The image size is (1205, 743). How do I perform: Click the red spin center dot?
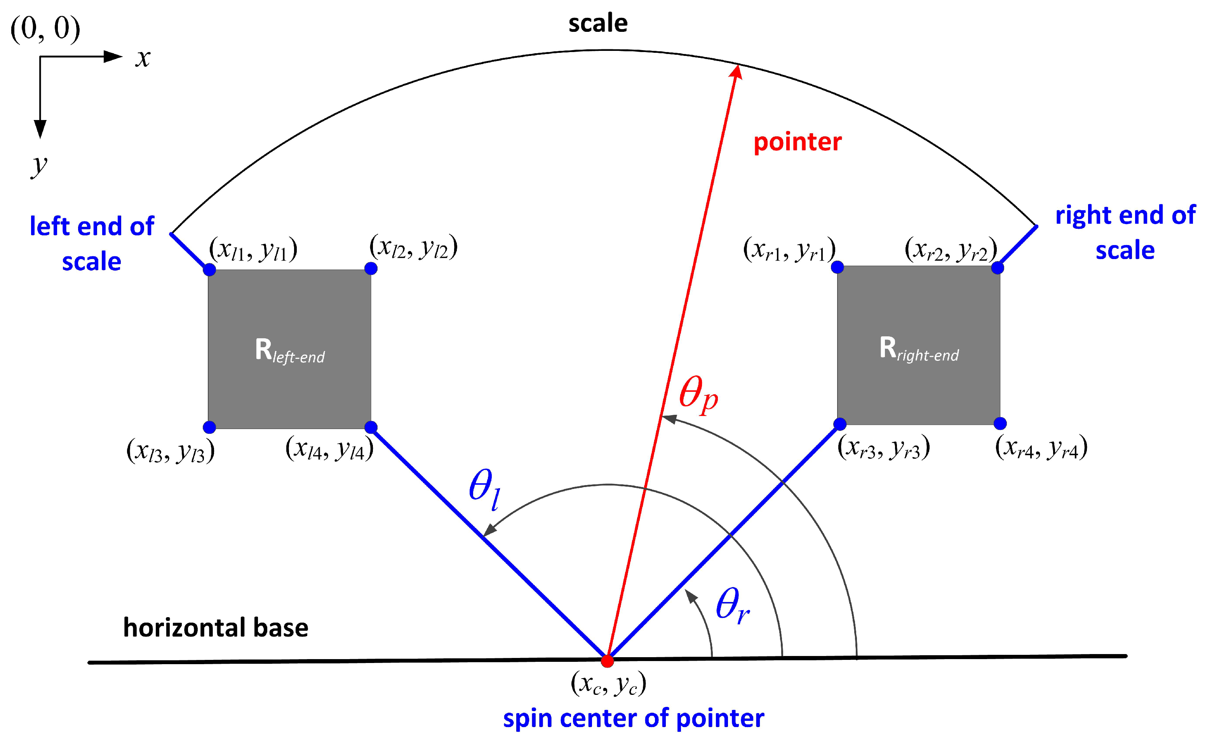pos(608,661)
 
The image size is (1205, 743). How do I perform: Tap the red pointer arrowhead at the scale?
pos(736,71)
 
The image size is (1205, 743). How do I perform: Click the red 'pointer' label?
pos(797,142)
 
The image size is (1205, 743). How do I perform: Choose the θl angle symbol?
pos(484,489)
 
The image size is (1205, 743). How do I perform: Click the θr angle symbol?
pos(732,606)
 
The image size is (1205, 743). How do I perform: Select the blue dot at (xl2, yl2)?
pos(371,268)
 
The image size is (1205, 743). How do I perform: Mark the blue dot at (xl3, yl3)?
pos(209,427)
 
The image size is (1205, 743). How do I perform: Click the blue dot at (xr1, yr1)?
pos(838,267)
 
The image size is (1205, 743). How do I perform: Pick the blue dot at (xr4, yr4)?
pos(1000,423)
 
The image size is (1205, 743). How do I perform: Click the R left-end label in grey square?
pos(289,351)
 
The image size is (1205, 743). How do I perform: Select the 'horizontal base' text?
pos(215,628)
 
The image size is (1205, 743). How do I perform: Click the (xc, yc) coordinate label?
pos(608,684)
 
